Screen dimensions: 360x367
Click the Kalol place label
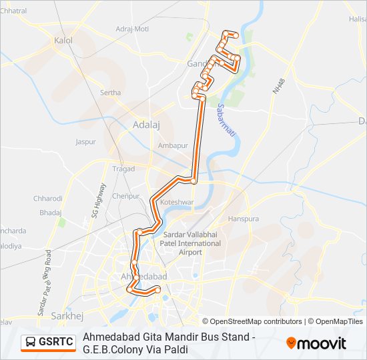pos(64,41)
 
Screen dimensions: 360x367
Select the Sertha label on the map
pos(110,93)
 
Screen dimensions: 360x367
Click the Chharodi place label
pos(48,198)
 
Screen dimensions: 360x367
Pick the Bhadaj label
pos(50,212)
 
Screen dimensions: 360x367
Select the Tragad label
pos(123,169)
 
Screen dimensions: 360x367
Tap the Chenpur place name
pos(125,196)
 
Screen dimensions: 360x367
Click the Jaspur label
pos(86,142)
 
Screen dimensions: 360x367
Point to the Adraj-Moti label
pos(132,29)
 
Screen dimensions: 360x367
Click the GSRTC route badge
pos(49,343)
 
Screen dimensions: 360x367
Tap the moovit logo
pos(316,343)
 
